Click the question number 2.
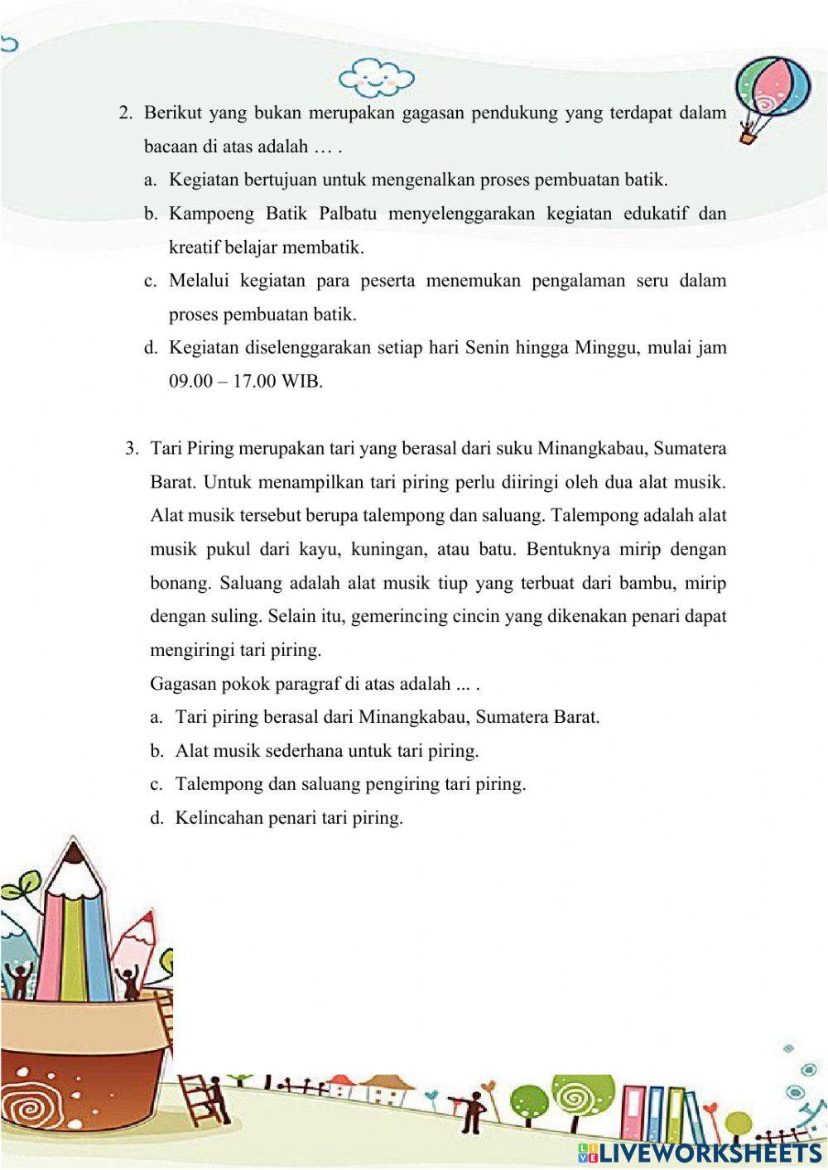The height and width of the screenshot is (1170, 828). [x=126, y=113]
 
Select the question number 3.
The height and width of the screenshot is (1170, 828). [x=132, y=449]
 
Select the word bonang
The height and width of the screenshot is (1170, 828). [x=180, y=583]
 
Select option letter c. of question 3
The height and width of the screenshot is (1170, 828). [x=156, y=784]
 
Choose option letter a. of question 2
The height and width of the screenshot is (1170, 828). [x=150, y=180]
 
